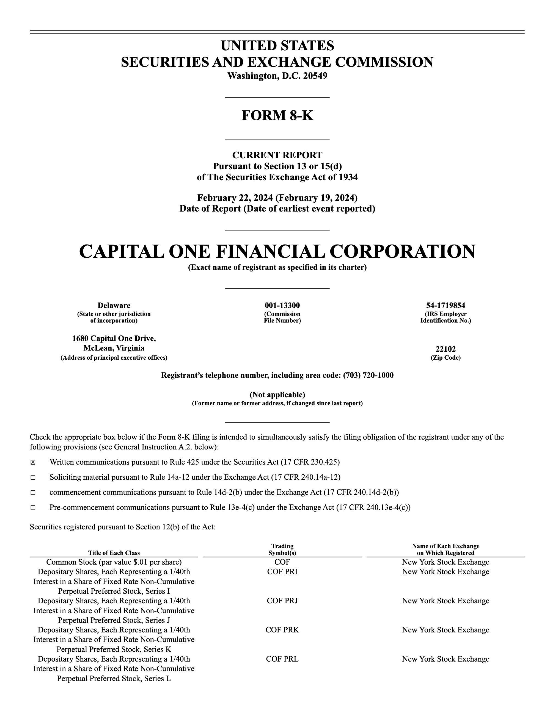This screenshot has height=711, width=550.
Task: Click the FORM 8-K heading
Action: pyautogui.click(x=277, y=116)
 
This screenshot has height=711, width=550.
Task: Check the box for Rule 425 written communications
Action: pyautogui.click(x=33, y=462)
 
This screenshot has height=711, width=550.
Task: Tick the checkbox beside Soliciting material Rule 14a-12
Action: pyautogui.click(x=33, y=477)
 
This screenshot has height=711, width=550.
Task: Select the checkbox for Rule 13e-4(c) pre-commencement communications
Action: pyautogui.click(x=33, y=507)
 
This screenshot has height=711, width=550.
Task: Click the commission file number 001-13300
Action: pyautogui.click(x=282, y=305)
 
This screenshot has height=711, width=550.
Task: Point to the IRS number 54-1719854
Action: pyautogui.click(x=446, y=305)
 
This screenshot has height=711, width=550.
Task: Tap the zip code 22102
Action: pyautogui.click(x=446, y=349)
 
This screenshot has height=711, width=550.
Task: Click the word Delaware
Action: pyautogui.click(x=114, y=305)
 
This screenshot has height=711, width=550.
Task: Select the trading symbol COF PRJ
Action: pyautogui.click(x=282, y=601)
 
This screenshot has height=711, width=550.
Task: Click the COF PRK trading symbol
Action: pyautogui.click(x=282, y=630)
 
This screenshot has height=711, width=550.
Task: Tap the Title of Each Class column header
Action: pyautogui.click(x=114, y=553)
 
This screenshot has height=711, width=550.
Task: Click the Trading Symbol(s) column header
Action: pyautogui.click(x=282, y=549)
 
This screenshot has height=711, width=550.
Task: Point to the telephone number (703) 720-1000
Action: pyautogui.click(x=368, y=375)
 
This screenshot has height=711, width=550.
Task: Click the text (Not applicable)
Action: pyautogui.click(x=277, y=395)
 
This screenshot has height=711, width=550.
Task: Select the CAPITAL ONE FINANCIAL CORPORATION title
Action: pyautogui.click(x=277, y=252)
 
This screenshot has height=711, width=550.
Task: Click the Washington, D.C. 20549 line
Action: pyautogui.click(x=277, y=76)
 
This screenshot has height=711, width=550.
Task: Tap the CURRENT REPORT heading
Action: pyautogui.click(x=277, y=155)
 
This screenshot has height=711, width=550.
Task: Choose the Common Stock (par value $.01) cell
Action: pyautogui.click(x=114, y=562)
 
